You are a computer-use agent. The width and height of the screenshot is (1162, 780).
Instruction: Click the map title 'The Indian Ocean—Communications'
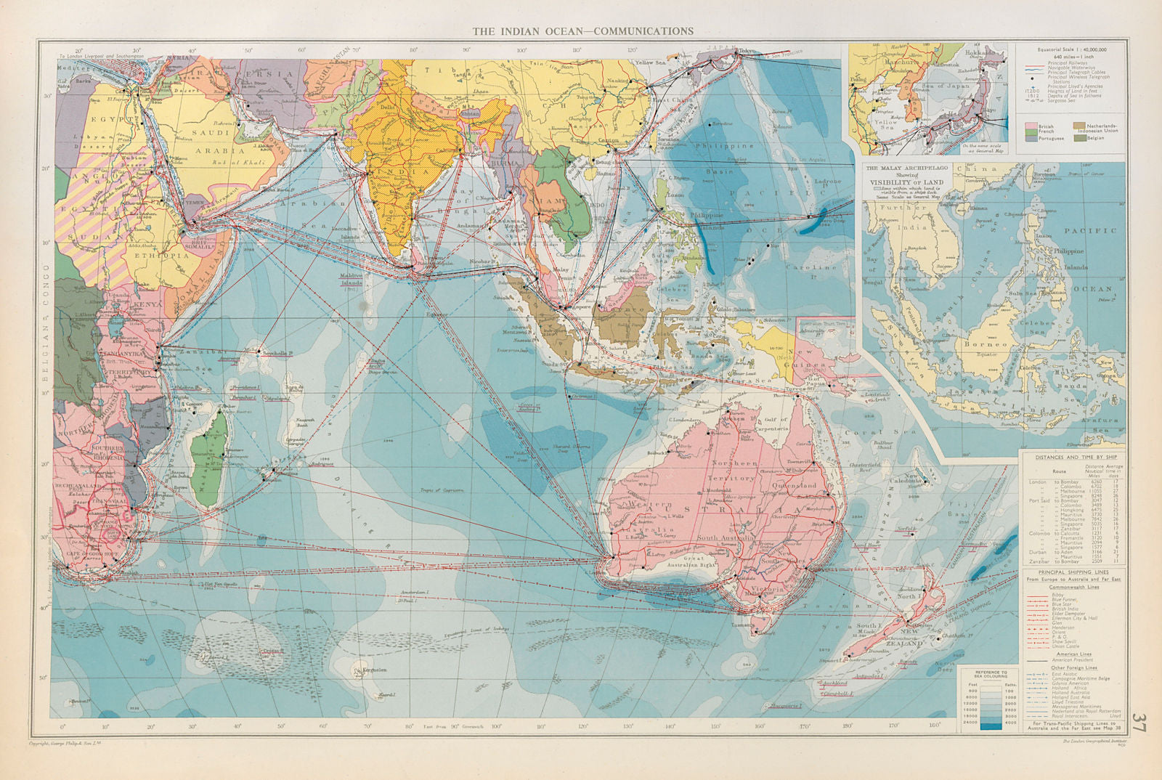pos(583,31)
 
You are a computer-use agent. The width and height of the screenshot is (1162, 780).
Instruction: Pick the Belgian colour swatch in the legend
pos(1079,137)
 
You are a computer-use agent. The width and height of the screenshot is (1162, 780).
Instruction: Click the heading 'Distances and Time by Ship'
pos(1073,457)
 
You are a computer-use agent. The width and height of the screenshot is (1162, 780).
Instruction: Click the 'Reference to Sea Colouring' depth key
pos(985,675)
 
